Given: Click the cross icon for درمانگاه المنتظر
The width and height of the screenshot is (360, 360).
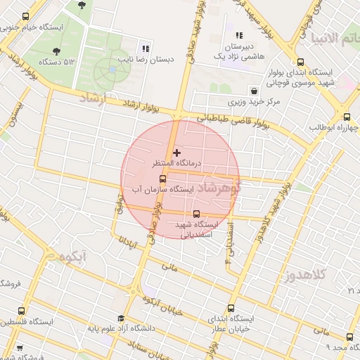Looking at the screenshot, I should click(176, 152).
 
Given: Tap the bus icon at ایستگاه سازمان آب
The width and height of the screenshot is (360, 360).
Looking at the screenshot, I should click(163, 179).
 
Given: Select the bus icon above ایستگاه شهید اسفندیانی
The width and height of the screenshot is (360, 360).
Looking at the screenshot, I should click(195, 214).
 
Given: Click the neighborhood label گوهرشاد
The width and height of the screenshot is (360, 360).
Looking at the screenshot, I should click(218, 188).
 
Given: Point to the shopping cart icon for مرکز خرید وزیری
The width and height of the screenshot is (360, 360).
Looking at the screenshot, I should click(254, 91).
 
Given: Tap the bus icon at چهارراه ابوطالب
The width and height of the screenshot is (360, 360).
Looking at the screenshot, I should click(347, 117).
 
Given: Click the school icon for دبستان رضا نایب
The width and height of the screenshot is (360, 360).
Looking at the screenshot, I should click(146, 49).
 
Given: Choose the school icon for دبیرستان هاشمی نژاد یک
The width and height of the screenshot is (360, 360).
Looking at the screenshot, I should click(239, 35).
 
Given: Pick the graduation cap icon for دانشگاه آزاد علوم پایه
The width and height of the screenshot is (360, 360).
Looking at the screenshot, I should click(121, 318).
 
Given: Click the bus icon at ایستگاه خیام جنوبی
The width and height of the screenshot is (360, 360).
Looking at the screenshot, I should click(26, 17).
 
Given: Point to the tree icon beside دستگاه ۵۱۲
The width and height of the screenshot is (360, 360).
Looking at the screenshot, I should click(56, 50).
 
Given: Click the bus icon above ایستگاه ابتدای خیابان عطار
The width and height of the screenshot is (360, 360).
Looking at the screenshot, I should click(232, 307).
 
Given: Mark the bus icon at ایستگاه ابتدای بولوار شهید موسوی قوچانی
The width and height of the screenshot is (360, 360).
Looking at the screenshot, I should click(302, 62).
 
